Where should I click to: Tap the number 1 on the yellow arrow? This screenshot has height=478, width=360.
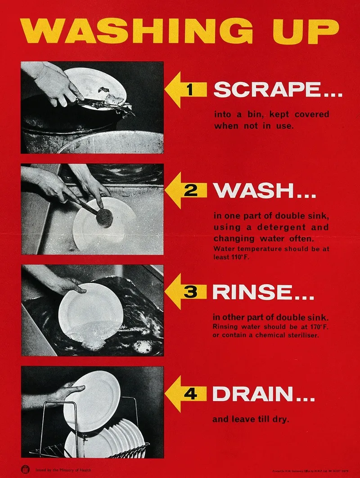tap(190, 90)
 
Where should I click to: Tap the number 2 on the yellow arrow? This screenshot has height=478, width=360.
tap(190, 191)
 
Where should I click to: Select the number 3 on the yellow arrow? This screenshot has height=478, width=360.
tap(190, 292)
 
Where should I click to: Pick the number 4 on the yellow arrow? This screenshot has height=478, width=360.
tap(190, 394)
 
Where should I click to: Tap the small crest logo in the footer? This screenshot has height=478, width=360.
tap(24, 470)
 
